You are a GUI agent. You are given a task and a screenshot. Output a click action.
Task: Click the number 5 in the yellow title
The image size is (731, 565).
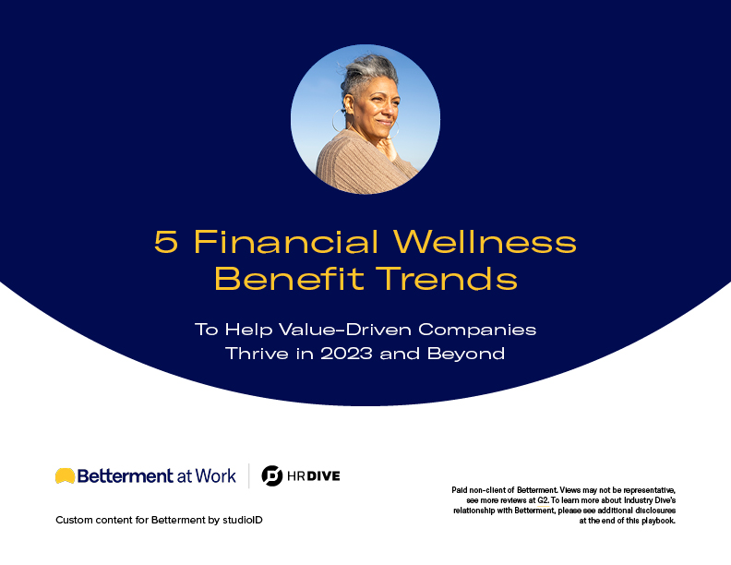[x=165, y=242]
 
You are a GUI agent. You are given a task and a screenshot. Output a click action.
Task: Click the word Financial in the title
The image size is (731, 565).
[x=286, y=241]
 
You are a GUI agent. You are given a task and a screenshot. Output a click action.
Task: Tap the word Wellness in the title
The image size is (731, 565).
[x=485, y=241]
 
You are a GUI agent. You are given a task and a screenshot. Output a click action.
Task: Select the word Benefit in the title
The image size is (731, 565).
[x=289, y=278]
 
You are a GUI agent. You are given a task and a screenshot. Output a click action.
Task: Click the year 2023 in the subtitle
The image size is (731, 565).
[x=346, y=354]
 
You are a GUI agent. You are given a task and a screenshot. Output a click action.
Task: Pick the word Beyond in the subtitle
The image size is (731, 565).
[x=466, y=354]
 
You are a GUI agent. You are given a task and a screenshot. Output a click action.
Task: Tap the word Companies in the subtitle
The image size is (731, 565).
[x=477, y=331]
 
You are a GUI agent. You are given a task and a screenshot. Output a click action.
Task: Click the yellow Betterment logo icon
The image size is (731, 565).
[x=65, y=475]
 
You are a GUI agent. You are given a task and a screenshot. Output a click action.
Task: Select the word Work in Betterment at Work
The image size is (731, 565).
[x=215, y=476]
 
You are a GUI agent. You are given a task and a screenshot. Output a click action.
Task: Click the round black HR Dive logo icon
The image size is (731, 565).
[x=271, y=476]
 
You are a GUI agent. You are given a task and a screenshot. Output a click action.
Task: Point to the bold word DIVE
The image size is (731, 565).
[x=324, y=476]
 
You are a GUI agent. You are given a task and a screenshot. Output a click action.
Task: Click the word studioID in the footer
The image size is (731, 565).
[x=243, y=520]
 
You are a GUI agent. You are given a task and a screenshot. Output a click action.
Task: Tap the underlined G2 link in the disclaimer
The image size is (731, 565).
[x=543, y=500]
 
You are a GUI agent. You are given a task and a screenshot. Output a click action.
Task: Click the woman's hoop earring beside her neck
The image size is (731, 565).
[x=339, y=121]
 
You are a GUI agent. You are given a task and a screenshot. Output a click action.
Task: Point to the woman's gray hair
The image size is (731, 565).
[x=368, y=74]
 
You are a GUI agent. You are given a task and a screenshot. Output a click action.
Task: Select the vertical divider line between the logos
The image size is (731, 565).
[x=249, y=476]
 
